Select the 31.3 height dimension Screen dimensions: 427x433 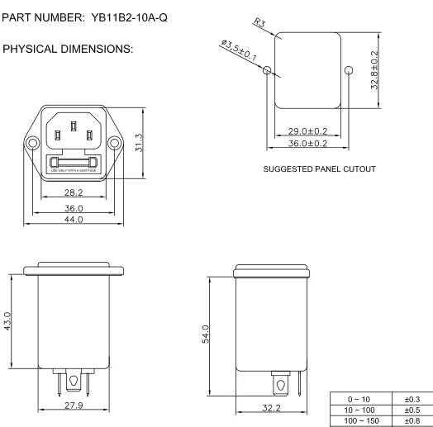click(140, 143)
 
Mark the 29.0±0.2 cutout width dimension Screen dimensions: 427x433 click(311, 131)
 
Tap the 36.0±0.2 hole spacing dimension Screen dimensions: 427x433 click(311, 143)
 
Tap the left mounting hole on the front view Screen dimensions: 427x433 click(33, 143)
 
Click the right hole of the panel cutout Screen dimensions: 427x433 click(349, 71)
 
